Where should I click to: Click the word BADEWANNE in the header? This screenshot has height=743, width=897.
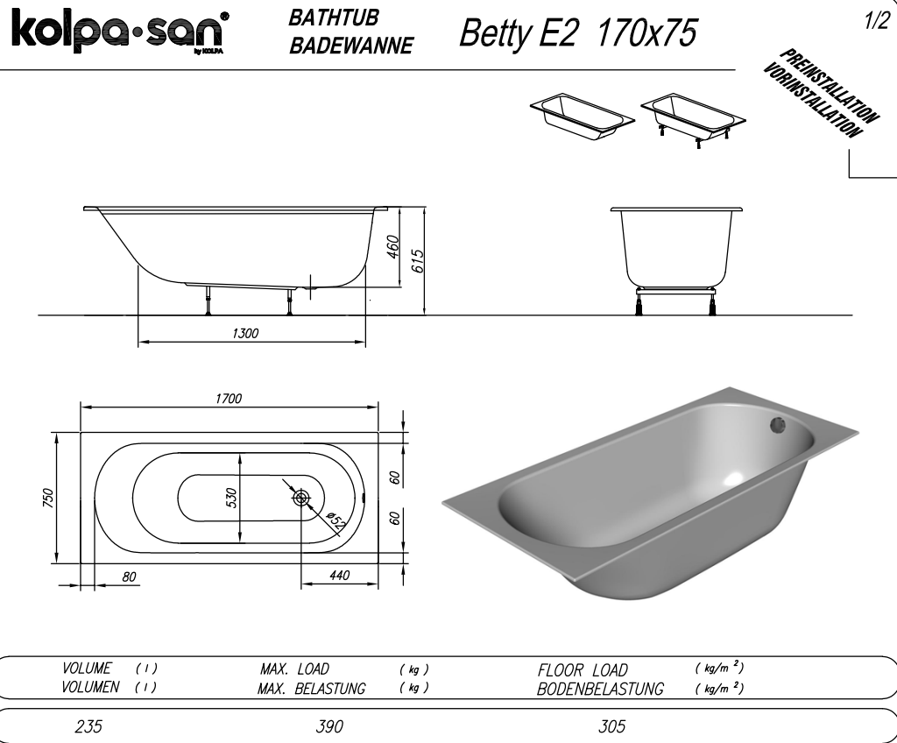point(350,46)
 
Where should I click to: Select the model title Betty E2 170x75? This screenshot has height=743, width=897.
point(578,32)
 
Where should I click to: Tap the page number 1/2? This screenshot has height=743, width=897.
point(876,21)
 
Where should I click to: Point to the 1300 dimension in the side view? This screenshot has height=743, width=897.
point(245,333)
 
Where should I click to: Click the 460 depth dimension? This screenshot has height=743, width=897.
point(393,247)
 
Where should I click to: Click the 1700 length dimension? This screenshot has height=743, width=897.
point(229,399)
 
